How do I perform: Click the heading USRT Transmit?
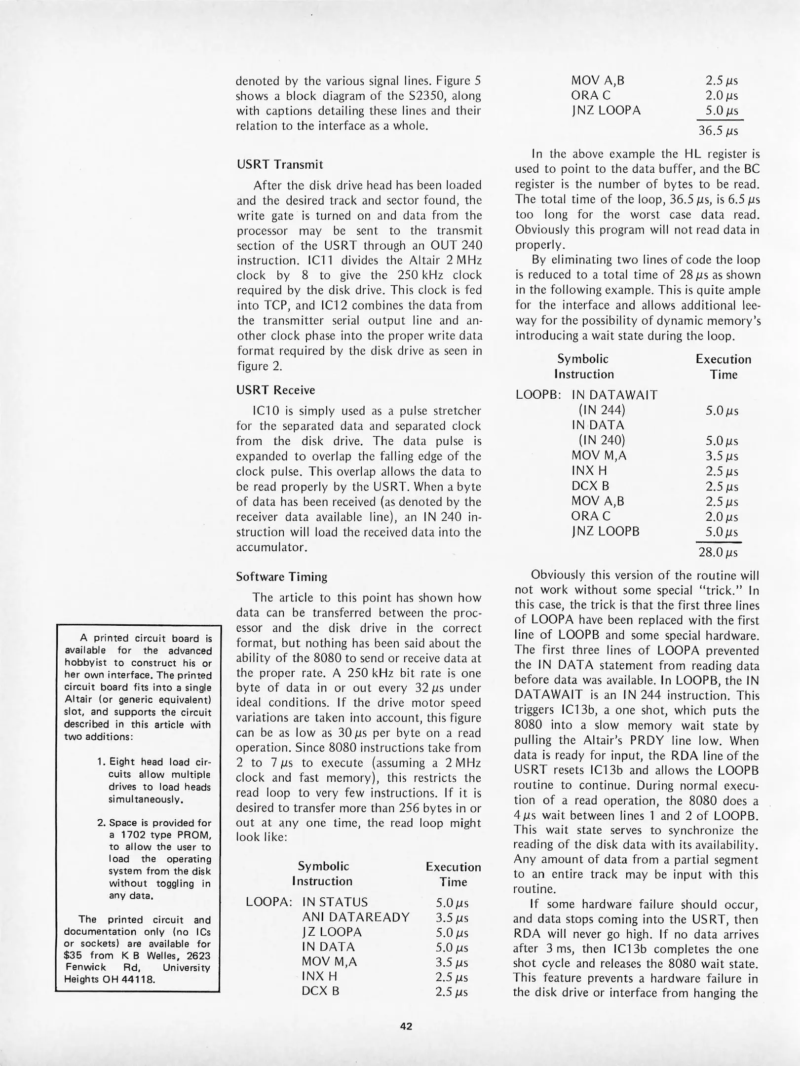pos(280,164)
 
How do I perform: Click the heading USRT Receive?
pos(275,390)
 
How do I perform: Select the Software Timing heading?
pos(282,576)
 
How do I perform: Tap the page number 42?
pos(406,1026)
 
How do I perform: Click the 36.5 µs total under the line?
pos(718,131)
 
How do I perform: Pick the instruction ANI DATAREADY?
pos(355,917)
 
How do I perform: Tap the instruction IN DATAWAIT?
pos(614,395)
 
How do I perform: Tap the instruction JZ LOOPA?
pos(332,932)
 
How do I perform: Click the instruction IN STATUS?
pos(335,902)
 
